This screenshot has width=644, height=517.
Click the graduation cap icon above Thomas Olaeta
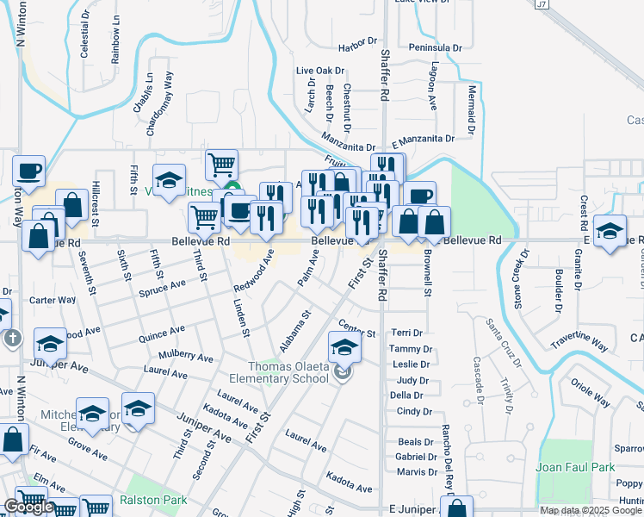(344, 347)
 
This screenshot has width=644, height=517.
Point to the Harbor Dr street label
(358, 40)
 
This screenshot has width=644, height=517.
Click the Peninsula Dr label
(436, 47)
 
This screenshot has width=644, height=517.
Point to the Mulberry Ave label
(186, 357)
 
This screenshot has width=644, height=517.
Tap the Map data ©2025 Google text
(591, 510)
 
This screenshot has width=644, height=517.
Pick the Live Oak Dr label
(319, 71)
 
